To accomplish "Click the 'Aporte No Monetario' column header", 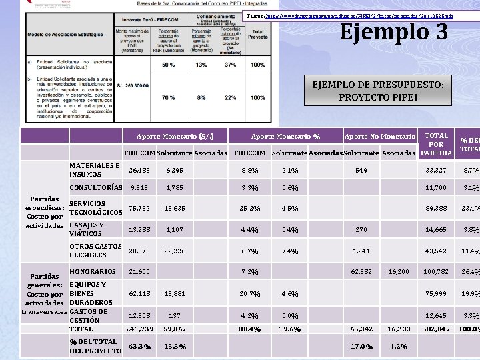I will [x=379, y=136].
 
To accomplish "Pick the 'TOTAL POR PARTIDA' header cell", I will [x=436, y=145].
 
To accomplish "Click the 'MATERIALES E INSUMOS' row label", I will [x=95, y=170].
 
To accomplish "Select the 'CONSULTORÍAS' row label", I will [x=96, y=187].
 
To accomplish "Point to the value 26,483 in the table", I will [x=139, y=171].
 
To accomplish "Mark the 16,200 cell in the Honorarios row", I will [x=398, y=272].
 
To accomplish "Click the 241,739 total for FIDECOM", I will [x=139, y=329].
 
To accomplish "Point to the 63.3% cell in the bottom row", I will [x=139, y=347].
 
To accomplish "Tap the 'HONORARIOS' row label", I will [x=93, y=271].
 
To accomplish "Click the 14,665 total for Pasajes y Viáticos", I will [x=436, y=229].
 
